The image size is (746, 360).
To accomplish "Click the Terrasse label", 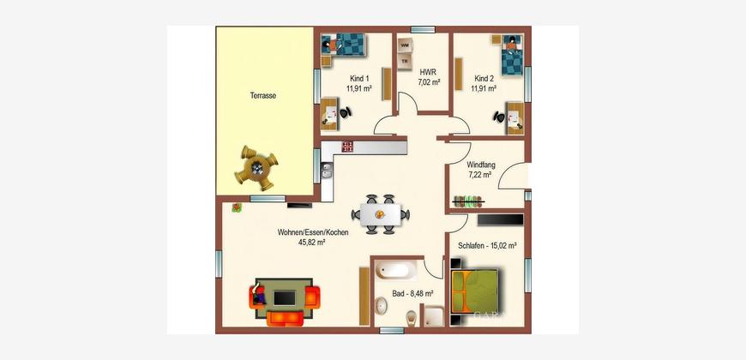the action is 263,96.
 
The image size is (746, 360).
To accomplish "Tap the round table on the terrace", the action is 257,168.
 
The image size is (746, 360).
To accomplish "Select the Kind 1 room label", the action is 359,79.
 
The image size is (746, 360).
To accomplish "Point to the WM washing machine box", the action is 405,45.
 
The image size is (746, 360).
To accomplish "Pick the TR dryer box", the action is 405,62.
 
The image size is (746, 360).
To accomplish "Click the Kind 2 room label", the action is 484,79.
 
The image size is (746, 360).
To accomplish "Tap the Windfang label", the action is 480,165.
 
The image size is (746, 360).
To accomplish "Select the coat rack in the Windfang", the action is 469,201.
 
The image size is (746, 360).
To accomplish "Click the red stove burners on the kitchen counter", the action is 348,147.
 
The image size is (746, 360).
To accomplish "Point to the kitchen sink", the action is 327,171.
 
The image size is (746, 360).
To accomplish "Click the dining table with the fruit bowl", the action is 380,214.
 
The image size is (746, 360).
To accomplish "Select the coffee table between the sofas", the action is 284,298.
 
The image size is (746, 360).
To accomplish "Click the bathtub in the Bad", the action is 395,272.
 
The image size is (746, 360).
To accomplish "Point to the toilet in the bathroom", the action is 411,318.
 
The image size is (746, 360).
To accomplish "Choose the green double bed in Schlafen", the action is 474,291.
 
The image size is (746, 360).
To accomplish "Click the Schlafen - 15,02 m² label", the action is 488,246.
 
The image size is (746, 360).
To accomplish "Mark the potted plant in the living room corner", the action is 237,207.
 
